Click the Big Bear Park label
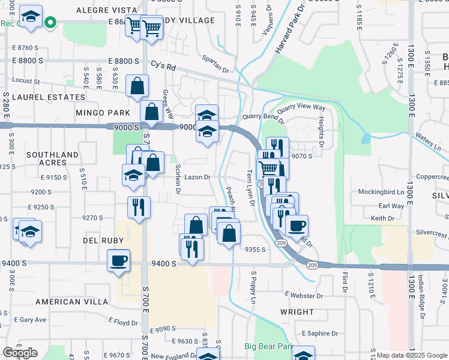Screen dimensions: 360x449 click(x=268, y=346)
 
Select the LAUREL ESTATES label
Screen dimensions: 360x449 click(x=48, y=97)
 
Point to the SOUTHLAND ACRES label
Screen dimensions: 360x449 click(x=53, y=159)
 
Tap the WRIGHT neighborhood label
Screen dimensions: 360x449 click(x=297, y=312)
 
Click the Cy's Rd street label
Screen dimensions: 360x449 click(x=163, y=65)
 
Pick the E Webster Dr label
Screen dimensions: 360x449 click(x=304, y=296)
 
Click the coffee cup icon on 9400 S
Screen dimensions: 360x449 click(x=118, y=261)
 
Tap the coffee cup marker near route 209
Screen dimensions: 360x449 click(x=297, y=226)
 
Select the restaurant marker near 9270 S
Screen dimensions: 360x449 click(x=139, y=208)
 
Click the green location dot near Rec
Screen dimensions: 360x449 click(x=51, y=23)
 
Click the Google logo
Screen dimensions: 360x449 click(x=20, y=353)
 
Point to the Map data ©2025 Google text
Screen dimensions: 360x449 click(x=411, y=355)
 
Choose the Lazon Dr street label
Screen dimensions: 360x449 click(x=197, y=177)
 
